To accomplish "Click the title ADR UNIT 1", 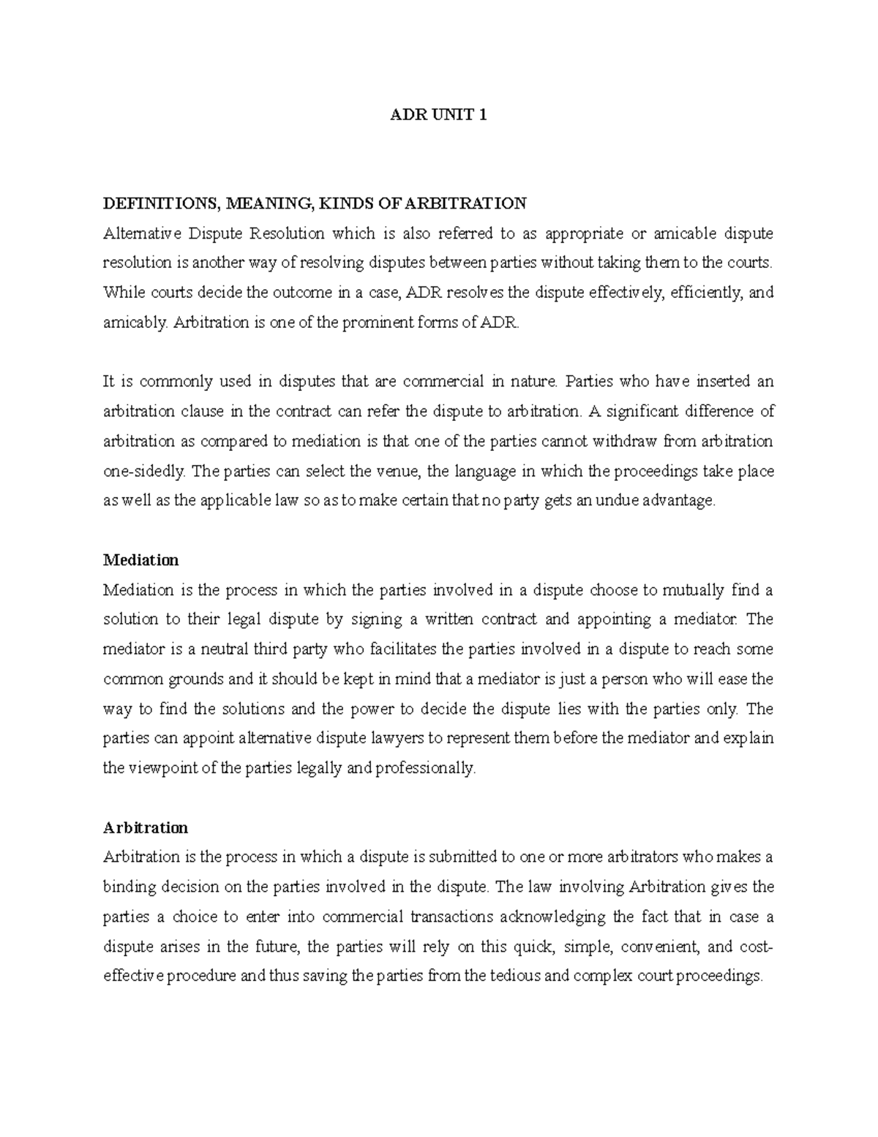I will pyautogui.click(x=438, y=115).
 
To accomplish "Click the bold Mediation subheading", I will pyautogui.click(x=140, y=560).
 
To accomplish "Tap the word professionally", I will pyautogui.click(x=425, y=768).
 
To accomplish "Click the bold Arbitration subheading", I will pyautogui.click(x=145, y=827).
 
